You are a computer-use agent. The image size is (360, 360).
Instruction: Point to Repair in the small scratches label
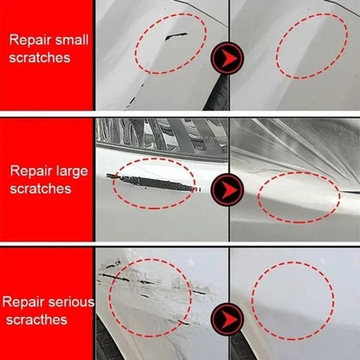coord(28,39)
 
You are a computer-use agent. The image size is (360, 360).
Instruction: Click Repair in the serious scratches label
coord(23,303)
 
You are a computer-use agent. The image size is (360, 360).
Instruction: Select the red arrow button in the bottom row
coord(228,313)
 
